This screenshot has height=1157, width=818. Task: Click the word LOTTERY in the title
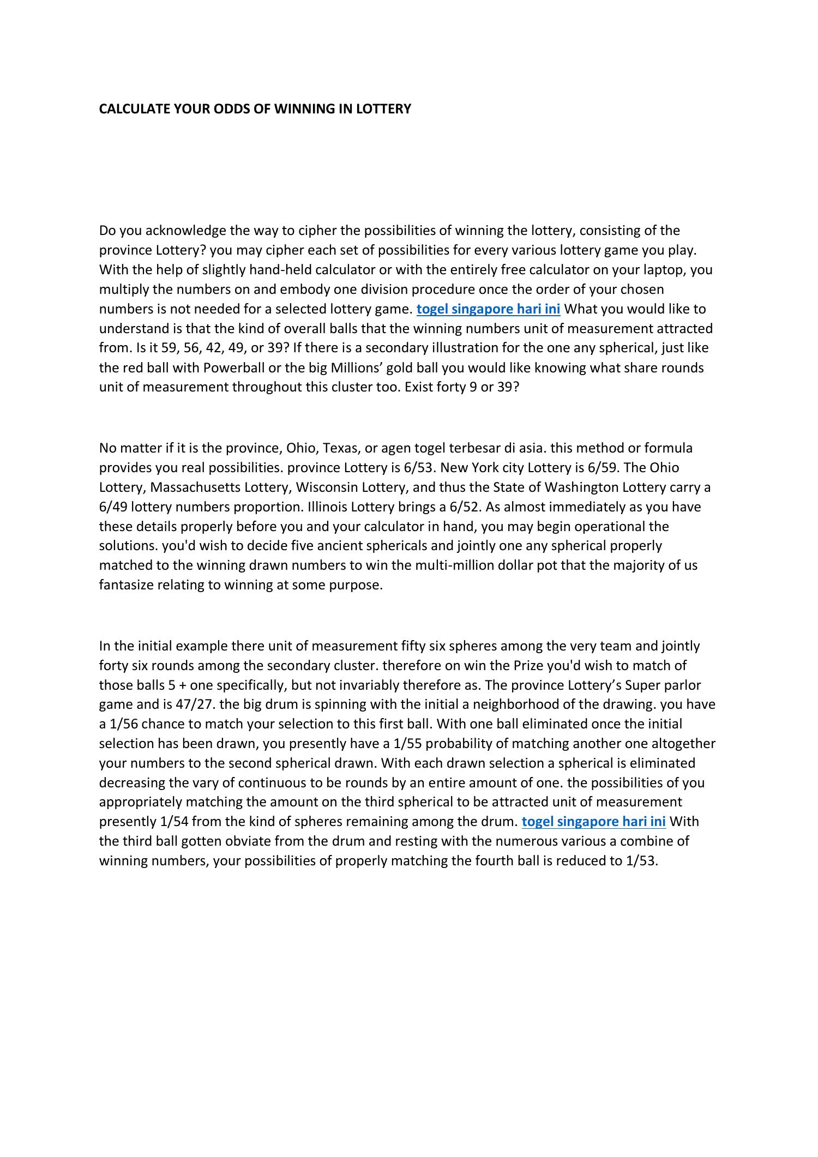point(383,109)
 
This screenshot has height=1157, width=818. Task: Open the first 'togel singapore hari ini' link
point(488,309)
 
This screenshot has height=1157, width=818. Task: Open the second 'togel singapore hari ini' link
point(593,822)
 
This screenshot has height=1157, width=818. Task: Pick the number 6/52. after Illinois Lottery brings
point(466,507)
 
